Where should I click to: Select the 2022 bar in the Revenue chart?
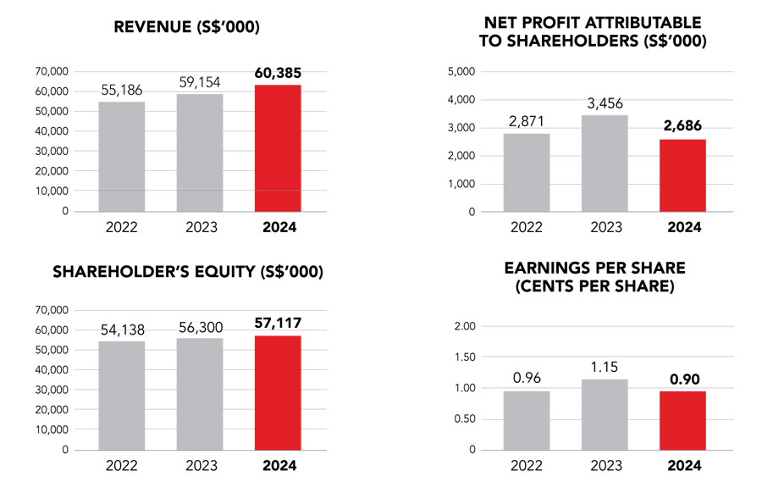pos(121,157)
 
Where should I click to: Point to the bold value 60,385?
pos(278,73)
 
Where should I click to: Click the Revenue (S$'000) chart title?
pos(186,28)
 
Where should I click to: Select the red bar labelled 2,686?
pos(682,175)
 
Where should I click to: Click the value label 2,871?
pos(527,122)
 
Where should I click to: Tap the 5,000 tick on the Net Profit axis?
pos(461,71)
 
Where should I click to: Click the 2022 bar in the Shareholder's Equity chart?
pos(121,396)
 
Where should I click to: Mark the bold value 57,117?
pos(278,323)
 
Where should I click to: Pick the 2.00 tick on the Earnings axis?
pos(464,326)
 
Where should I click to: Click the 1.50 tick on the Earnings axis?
pos(464,357)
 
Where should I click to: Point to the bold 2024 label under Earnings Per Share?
pos(683,465)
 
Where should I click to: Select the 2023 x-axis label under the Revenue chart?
pos(200,226)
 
